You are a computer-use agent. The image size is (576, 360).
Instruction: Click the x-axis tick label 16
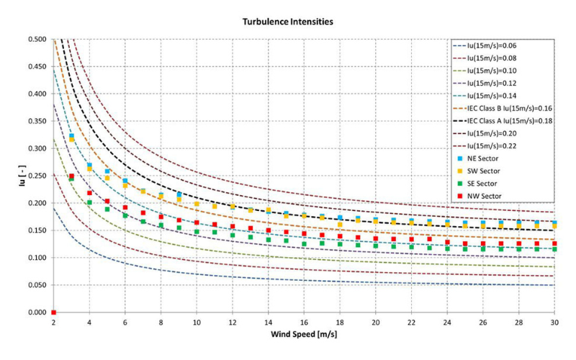304,323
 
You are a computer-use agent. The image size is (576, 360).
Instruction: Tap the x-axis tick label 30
554,323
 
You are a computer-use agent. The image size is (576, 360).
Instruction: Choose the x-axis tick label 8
161,323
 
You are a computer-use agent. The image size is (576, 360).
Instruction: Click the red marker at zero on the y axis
54,312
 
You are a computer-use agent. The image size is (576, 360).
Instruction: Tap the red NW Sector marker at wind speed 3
71,176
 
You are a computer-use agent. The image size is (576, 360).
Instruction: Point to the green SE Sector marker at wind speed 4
89,202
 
